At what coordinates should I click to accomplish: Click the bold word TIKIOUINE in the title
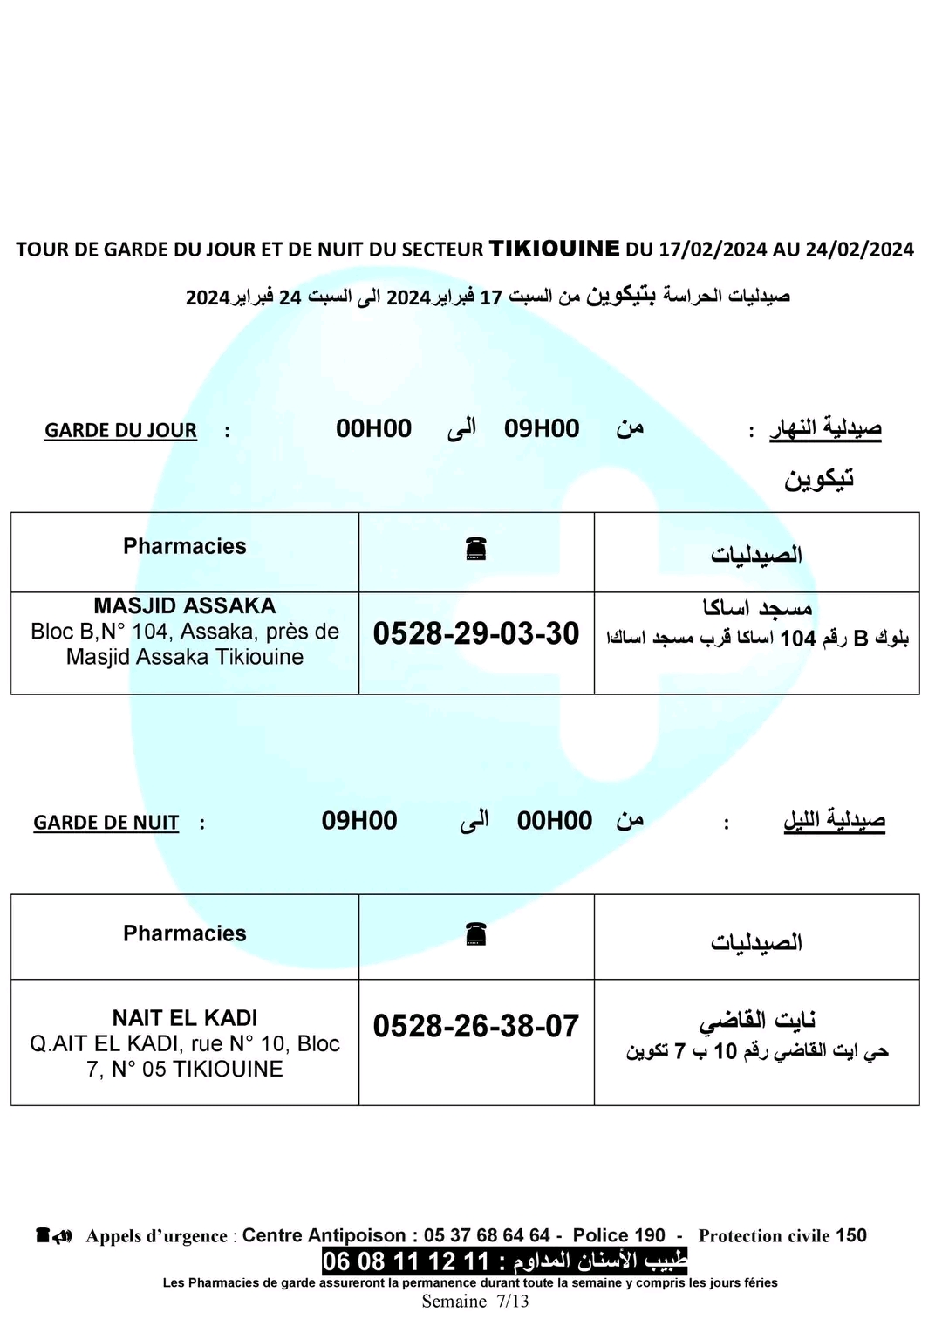click(554, 249)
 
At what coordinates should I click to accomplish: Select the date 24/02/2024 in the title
click(859, 250)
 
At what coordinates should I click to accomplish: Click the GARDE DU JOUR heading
click(120, 430)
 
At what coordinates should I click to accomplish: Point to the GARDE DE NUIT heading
click(106, 823)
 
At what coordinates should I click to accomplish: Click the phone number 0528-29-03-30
click(475, 633)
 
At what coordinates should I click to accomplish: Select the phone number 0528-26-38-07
click(475, 1026)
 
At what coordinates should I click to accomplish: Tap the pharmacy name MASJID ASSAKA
click(184, 605)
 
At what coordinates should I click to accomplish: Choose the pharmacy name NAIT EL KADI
click(184, 1018)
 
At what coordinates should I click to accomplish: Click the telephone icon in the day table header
click(475, 549)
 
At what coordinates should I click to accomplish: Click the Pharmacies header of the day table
click(184, 546)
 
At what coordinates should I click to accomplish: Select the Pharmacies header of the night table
click(184, 933)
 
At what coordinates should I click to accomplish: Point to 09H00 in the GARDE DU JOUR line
click(542, 428)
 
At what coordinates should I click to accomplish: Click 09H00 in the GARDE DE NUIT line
click(358, 821)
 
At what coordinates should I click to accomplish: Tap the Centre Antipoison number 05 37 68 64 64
click(487, 1235)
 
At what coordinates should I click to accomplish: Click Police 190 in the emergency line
click(618, 1235)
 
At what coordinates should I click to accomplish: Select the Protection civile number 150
click(851, 1235)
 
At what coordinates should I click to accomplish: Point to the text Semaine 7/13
click(475, 1302)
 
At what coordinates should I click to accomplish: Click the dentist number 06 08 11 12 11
click(406, 1261)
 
